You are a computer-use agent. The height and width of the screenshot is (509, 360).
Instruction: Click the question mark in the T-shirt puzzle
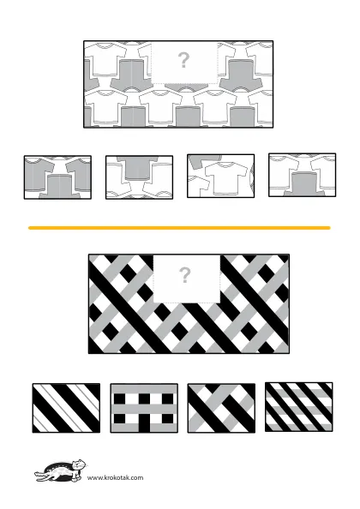click(x=183, y=60)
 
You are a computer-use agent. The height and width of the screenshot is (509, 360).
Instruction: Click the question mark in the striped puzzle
click(x=184, y=276)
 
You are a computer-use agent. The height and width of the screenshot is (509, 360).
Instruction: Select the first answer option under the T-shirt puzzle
click(x=57, y=177)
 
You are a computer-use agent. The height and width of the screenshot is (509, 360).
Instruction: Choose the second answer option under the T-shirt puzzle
click(x=139, y=177)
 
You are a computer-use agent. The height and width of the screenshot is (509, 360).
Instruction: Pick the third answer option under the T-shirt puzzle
click(x=221, y=176)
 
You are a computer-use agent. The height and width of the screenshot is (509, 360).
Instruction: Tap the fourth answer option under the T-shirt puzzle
click(x=303, y=175)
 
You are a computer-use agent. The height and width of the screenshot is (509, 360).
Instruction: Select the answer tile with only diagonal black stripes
click(x=66, y=408)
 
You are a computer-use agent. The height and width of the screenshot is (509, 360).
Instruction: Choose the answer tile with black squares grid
click(x=144, y=408)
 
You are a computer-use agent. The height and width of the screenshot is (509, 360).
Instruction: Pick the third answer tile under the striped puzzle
click(x=221, y=408)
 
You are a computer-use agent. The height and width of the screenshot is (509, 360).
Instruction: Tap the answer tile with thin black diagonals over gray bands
click(x=299, y=407)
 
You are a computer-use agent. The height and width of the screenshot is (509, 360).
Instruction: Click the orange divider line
click(x=179, y=228)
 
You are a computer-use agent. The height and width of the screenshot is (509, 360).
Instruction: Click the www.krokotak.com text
click(x=115, y=477)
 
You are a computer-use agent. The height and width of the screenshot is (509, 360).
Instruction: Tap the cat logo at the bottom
click(x=60, y=470)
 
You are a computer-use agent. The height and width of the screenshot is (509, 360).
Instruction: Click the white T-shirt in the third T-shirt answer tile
click(x=225, y=178)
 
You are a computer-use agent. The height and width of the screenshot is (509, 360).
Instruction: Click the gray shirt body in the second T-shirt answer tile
click(x=138, y=169)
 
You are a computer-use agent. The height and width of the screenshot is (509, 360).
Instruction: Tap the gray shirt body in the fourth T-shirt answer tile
click(x=304, y=184)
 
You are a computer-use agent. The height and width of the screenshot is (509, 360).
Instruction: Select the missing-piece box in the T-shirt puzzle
click(x=184, y=63)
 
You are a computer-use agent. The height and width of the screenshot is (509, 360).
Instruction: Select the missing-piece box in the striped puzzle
click(x=187, y=278)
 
